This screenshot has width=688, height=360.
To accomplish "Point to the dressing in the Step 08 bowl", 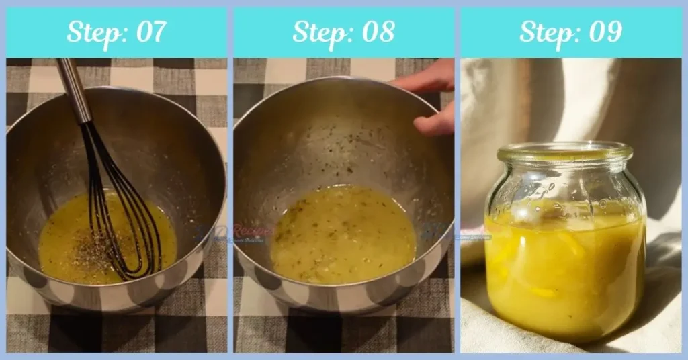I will click(343, 235).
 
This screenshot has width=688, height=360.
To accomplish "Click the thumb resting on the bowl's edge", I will click(434, 121).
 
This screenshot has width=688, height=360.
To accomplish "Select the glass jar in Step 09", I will click(564, 242).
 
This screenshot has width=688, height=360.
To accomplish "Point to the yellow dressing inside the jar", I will click(564, 275).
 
